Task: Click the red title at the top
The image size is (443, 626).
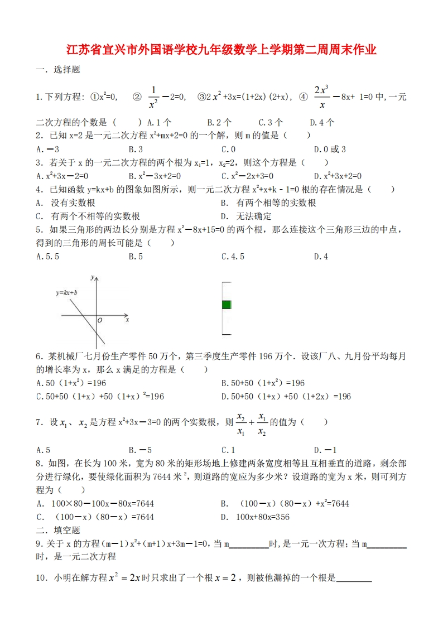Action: [x=222, y=50]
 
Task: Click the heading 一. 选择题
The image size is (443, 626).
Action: [x=58, y=70]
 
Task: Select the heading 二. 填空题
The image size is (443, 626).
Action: [x=58, y=530]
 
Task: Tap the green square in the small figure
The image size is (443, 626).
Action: [x=226, y=304]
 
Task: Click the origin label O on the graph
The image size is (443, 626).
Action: [x=100, y=321]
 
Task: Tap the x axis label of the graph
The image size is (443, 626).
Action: [x=127, y=320]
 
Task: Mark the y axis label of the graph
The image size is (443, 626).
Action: [x=96, y=277]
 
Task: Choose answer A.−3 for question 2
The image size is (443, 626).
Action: [x=47, y=149]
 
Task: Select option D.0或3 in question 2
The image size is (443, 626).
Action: [x=330, y=149]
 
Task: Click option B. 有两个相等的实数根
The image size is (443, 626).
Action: [x=268, y=203]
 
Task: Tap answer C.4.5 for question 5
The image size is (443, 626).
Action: [x=233, y=257]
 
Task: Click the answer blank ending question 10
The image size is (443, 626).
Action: [x=354, y=579]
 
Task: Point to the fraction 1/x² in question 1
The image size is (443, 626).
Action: [x=154, y=97]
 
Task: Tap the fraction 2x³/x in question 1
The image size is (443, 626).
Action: [x=321, y=97]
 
